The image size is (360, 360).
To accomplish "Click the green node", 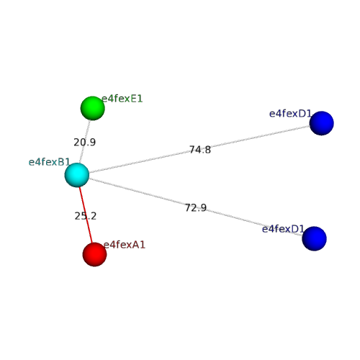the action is point(92,108).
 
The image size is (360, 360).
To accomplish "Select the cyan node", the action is point(77,175).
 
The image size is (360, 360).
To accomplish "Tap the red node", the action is point(94,254).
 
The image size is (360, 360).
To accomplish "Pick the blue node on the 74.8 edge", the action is point(322,123).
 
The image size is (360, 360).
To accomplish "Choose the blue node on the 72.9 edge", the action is point(315,238).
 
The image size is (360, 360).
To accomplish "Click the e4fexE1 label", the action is point(122,99).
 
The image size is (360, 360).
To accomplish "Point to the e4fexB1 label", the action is point(49,162).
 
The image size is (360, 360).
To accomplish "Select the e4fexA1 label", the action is point(125,245).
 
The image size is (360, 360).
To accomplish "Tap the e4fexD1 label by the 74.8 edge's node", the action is point(290,114).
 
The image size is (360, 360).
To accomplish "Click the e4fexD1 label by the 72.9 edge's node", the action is point(283,229).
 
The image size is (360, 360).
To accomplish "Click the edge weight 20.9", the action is point(85,143).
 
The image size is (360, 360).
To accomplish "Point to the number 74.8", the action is point(200,150).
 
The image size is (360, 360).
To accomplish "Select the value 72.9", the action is point(196,208).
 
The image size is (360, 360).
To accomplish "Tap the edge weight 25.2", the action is point(86,216).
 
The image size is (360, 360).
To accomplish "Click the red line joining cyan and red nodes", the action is point(86,215).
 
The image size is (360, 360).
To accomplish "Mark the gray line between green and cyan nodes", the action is point(85,142).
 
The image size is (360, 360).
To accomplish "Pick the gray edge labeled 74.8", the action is point(199,149).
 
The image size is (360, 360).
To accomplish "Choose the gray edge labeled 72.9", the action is point(196,207).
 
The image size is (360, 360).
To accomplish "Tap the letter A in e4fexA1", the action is point(136,245).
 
